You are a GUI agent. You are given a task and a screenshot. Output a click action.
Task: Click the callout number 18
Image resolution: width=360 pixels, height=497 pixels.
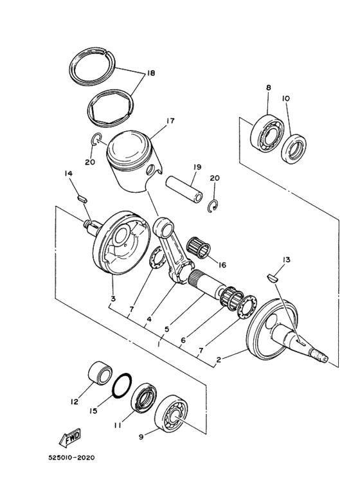point(150,73)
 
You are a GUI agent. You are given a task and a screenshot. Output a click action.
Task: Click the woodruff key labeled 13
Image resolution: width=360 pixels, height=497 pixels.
point(271,278)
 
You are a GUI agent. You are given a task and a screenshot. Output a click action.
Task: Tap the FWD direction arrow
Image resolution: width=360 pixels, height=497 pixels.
point(69,438)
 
